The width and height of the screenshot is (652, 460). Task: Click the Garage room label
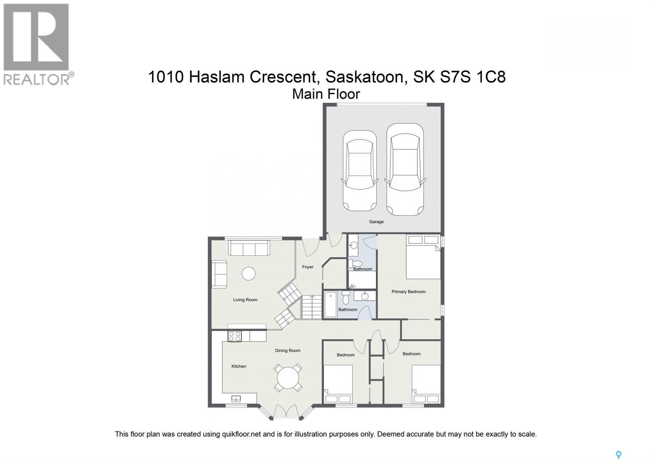[x=376, y=222]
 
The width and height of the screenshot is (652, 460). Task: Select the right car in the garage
[x=403, y=169]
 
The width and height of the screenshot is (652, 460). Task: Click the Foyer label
[x=308, y=267]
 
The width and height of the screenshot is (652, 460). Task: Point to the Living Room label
[x=245, y=300]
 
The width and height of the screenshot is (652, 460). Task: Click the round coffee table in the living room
[x=248, y=274]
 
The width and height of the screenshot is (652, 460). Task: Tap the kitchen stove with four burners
[x=235, y=336]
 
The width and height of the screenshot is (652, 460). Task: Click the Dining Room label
[x=287, y=350]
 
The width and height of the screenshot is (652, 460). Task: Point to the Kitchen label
[x=238, y=366]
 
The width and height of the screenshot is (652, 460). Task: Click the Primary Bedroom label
[x=408, y=292]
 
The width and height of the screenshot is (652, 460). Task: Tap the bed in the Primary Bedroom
[x=423, y=258]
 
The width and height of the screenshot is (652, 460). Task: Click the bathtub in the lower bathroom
[x=330, y=304]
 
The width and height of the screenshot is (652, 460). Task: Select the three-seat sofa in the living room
[x=249, y=248]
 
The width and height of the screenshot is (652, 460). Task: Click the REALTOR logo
[x=37, y=44]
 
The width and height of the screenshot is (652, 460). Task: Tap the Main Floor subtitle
[x=326, y=94]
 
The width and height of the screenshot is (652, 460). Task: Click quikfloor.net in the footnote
[x=241, y=434]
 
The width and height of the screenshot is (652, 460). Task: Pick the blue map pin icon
[x=619, y=455]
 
